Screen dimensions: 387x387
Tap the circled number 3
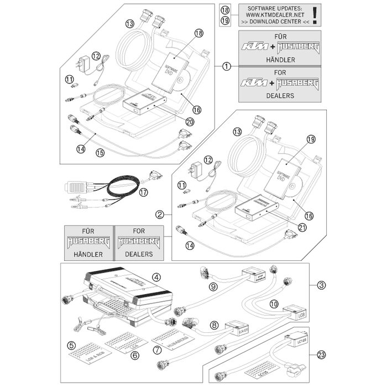(321, 285)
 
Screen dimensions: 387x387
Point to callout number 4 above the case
(156, 278)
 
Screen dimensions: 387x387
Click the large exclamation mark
(315, 15)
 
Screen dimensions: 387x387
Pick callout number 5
(71, 346)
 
